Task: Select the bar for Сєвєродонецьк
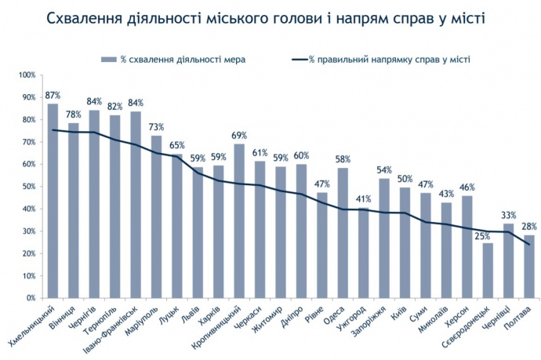pyautogui.click(x=488, y=271)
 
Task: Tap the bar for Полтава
pyautogui.click(x=529, y=267)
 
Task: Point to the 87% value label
pyautogui.click(x=53, y=95)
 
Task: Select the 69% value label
pyautogui.click(x=239, y=136)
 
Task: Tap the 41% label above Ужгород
pyautogui.click(x=363, y=198)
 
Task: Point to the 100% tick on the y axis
pyautogui.click(x=27, y=75)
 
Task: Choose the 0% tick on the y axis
pyautogui.click(x=31, y=298)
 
